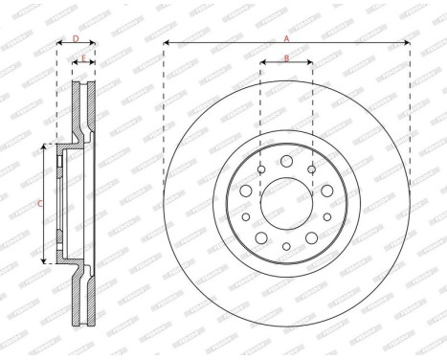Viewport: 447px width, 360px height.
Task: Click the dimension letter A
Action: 286,37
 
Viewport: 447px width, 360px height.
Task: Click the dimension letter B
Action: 286,58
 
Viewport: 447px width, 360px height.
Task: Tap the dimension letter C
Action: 39,204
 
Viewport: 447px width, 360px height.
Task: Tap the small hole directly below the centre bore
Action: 286,248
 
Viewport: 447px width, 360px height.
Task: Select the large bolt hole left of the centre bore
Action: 246,191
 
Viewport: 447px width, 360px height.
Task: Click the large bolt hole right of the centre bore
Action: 326,191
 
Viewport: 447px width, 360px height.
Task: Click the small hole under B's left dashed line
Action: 261,170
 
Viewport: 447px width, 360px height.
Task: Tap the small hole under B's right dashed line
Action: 312,170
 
